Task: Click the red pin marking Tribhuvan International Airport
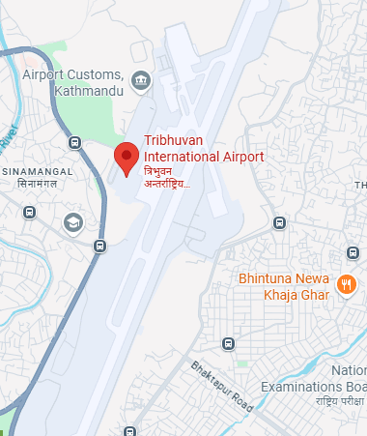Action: [126, 158]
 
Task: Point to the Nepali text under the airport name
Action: [167, 175]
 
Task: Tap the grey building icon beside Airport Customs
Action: [142, 78]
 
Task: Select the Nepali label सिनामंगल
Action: [32, 184]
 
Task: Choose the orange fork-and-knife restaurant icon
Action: [346, 284]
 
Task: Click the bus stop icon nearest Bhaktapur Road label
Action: [228, 343]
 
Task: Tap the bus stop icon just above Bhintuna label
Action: [278, 224]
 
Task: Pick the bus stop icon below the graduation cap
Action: [99, 247]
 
